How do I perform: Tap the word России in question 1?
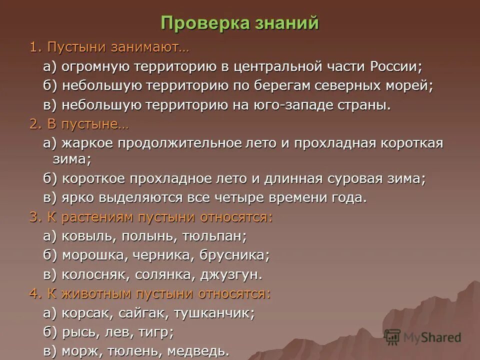pos(395,66)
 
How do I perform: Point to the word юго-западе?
pos(297,105)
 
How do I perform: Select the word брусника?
pos(234,255)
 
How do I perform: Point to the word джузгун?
pos(230,274)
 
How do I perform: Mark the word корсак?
pos(83,313)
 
